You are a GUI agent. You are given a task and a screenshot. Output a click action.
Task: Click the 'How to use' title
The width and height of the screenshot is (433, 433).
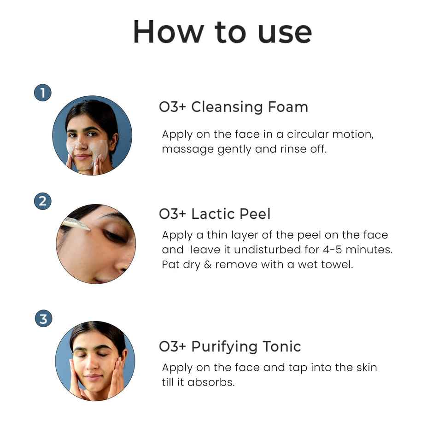[x=222, y=32]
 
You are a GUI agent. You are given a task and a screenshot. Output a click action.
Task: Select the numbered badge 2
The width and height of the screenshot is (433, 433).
[x=43, y=201]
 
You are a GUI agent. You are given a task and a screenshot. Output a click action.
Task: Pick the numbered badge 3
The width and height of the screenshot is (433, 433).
[x=43, y=319]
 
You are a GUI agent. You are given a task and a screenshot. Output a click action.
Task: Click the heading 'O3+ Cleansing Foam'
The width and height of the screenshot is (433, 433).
[x=233, y=107]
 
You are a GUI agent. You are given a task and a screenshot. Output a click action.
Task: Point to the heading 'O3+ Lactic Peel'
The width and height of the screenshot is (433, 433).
[x=215, y=214]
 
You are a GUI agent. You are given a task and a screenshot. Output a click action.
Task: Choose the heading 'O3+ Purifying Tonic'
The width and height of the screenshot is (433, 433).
[x=230, y=346]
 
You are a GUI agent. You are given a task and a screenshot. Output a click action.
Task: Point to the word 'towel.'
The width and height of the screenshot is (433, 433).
[x=337, y=265]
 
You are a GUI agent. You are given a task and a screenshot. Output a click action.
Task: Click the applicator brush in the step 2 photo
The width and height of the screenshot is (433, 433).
[x=76, y=223]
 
